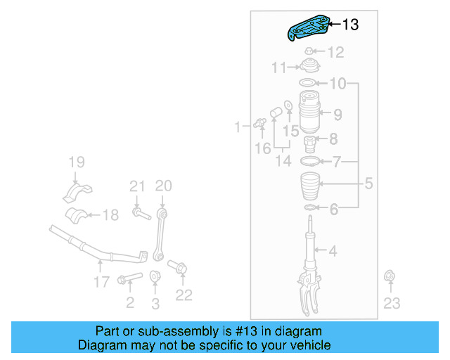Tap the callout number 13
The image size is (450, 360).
click(349, 25)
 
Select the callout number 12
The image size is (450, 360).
click(335, 52)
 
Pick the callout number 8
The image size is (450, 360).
click(333, 139)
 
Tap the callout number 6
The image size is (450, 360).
click(334, 208)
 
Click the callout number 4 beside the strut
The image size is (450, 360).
click(333, 251)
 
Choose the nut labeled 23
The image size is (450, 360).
click(389, 278)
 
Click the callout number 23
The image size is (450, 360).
click(392, 303)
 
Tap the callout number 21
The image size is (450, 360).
click(136, 186)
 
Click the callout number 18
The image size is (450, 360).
click(110, 215)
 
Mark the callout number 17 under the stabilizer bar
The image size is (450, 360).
click(101, 281)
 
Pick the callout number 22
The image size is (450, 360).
click(184, 295)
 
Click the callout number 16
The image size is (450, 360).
click(262, 148)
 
